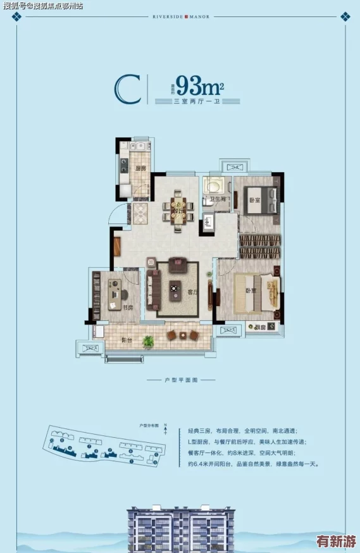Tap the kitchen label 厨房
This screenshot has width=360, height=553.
(140, 168)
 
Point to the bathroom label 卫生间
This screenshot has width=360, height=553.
(216, 199)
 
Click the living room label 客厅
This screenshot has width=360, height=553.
(194, 292)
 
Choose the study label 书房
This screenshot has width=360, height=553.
(128, 308)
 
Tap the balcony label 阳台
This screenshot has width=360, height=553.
(127, 340)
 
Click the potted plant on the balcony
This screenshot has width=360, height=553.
(148, 342)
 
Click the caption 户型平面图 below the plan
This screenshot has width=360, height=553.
(181, 380)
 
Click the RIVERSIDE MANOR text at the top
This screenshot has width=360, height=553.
(180, 17)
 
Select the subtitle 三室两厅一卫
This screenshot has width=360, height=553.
(198, 101)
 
